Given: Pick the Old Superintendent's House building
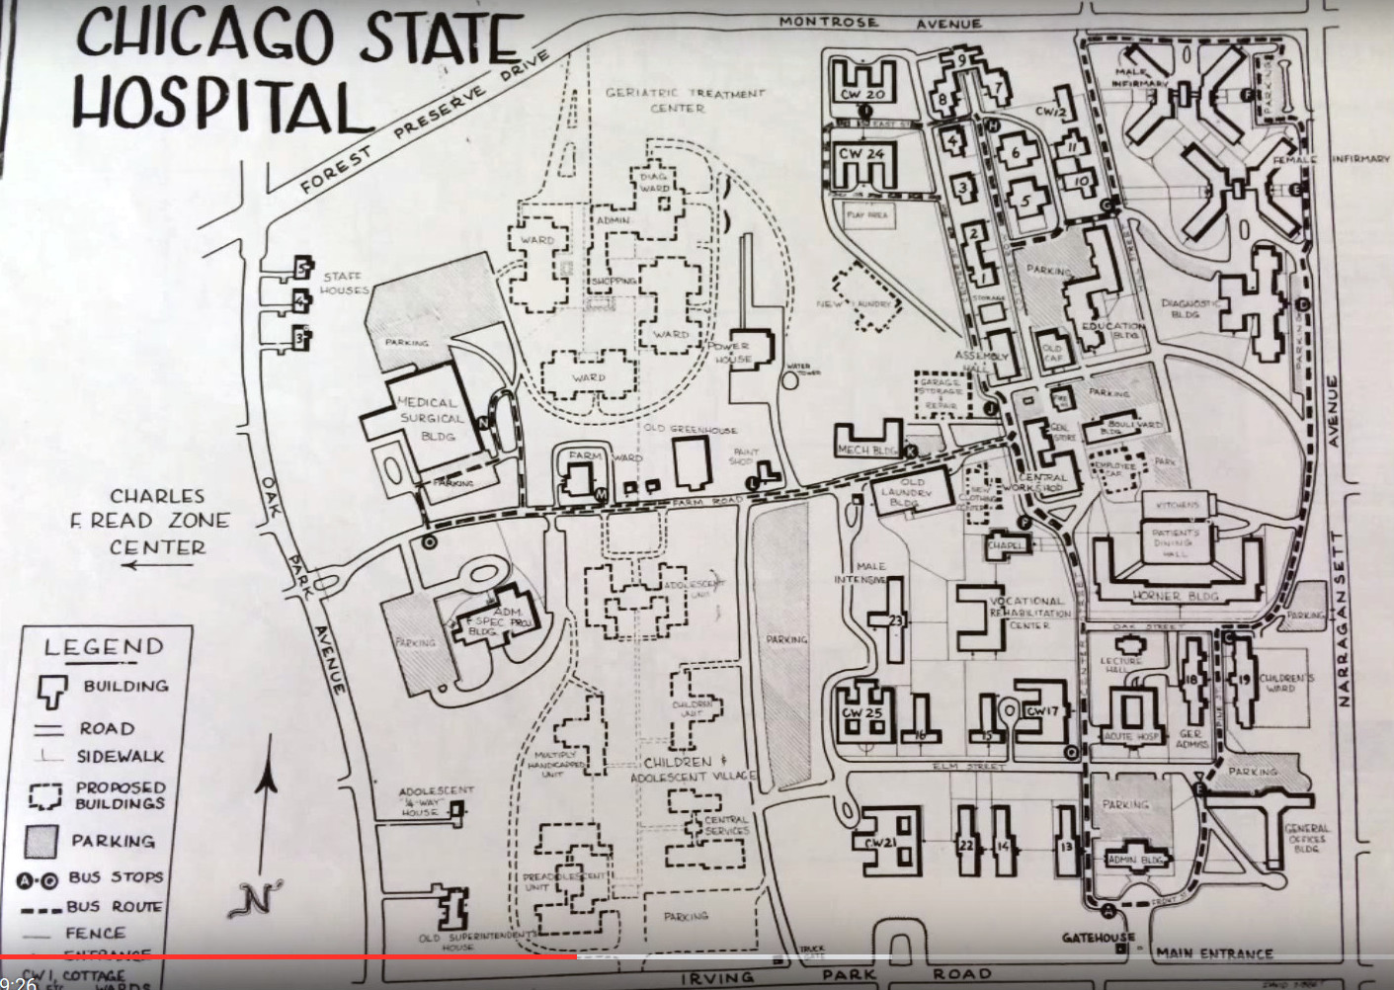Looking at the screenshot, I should click(x=455, y=907).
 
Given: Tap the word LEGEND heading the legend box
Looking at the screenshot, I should click(x=104, y=647).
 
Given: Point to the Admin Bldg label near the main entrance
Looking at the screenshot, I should click(x=1133, y=860).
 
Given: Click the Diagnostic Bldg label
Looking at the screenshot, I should click(x=1186, y=308).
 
